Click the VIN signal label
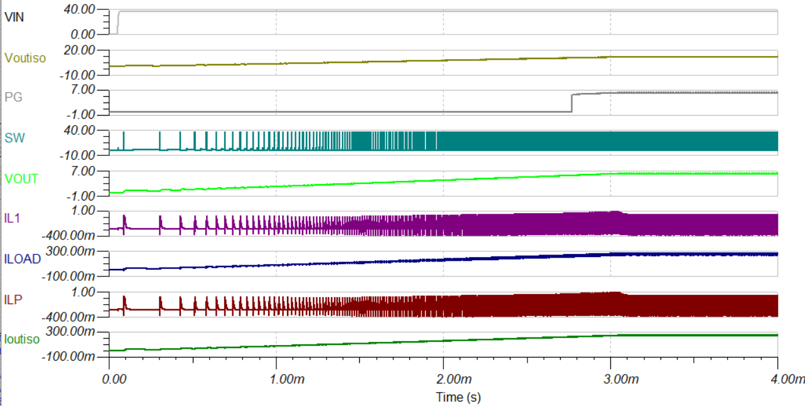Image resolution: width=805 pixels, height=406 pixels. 14,17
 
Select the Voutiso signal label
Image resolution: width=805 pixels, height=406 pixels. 25,58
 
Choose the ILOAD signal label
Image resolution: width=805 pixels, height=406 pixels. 23,259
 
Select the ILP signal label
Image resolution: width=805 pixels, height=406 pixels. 13,299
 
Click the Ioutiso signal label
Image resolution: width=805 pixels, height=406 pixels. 22,339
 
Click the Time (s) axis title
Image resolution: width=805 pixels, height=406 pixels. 458,397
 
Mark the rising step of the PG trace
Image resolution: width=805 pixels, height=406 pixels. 572,103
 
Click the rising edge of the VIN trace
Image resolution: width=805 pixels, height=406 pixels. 117,23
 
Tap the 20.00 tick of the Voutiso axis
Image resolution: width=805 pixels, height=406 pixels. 79,50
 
